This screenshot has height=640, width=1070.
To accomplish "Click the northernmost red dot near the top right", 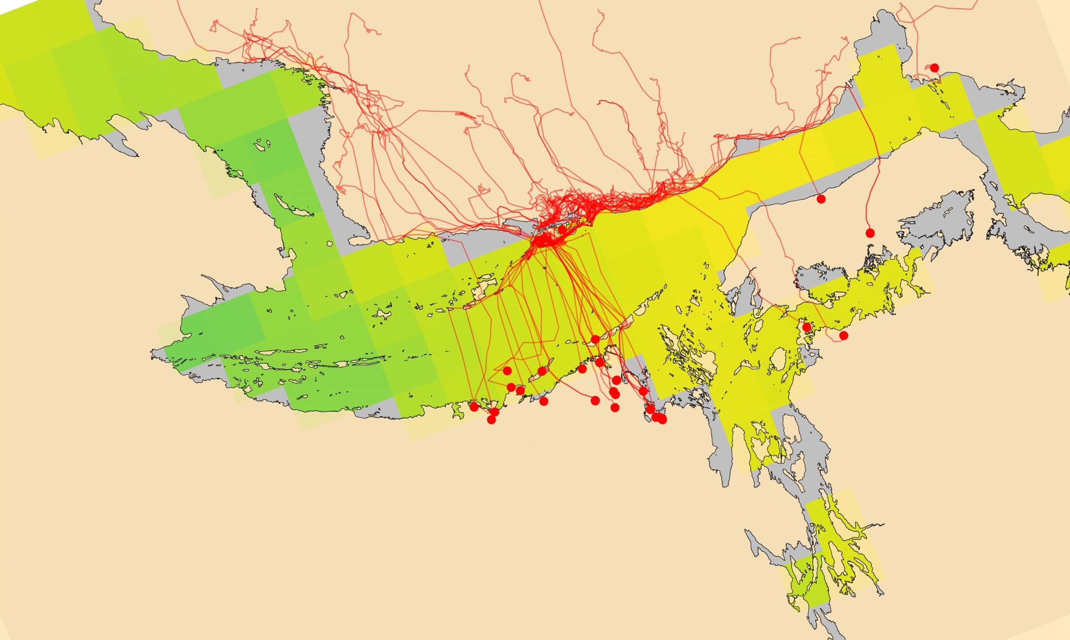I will tap(934, 68).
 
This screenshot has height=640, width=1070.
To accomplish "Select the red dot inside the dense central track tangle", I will tap(562, 230).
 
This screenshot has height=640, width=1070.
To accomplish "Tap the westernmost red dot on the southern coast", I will tap(474, 407).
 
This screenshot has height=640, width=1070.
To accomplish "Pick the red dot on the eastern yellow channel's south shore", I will tap(821, 199).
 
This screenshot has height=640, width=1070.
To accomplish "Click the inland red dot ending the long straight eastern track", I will tap(870, 233).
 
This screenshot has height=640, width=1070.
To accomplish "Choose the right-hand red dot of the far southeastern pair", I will tap(844, 336).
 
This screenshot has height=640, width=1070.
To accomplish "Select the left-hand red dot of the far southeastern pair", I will tap(807, 327).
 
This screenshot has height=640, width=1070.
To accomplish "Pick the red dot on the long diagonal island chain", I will tap(595, 339).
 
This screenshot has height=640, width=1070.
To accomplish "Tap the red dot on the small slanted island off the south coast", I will tap(542, 371).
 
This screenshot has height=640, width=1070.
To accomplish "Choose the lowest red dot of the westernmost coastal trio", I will tap(491, 420).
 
